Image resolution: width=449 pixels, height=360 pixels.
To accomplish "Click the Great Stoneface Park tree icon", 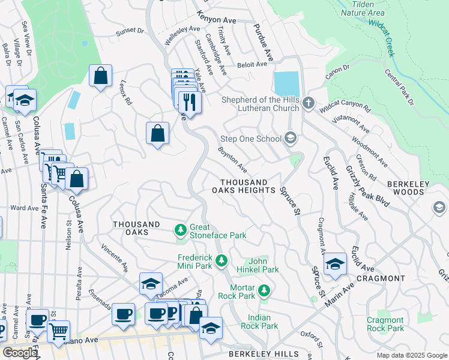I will tap(180, 230).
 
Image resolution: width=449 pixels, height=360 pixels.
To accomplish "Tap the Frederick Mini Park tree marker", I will tap(222, 260).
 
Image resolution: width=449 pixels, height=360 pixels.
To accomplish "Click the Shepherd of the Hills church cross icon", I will tap(309, 103).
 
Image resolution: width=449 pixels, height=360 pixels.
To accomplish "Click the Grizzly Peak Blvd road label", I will tap(370, 182).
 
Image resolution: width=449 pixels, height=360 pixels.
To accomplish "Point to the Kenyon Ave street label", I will tap(216, 20).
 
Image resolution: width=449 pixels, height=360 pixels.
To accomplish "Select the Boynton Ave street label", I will tap(232, 160).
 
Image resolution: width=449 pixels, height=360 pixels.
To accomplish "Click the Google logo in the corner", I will tap(20, 353).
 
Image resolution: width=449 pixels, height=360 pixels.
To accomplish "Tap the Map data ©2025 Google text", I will tap(411, 355).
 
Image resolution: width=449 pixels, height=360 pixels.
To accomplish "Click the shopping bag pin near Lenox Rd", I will tap(100, 77).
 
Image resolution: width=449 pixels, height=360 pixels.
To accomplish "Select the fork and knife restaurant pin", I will tap(190, 102).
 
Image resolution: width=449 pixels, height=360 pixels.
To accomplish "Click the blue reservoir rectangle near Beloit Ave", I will tap(286, 83).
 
